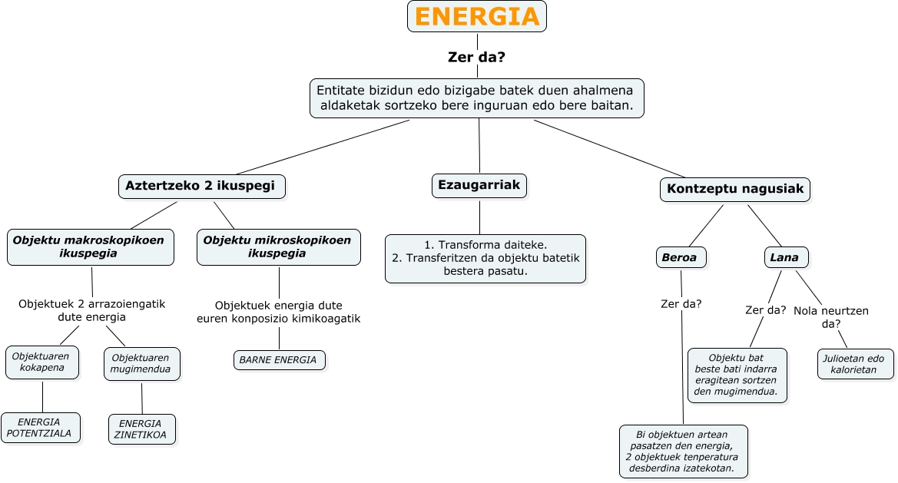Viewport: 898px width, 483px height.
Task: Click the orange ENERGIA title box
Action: (476, 16)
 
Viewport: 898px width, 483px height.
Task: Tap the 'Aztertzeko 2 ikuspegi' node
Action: (200, 186)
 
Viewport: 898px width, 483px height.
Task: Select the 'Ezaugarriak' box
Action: (479, 185)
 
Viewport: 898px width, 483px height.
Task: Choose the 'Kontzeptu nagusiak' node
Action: (735, 190)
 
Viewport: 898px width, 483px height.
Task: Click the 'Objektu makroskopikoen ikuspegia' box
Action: (90, 246)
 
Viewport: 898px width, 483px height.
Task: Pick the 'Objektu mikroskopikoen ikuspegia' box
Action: (278, 246)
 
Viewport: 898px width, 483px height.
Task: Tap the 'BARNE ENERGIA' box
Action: (279, 360)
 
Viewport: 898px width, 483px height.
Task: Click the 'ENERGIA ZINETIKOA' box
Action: (142, 429)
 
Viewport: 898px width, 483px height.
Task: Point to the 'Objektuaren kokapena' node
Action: (42, 362)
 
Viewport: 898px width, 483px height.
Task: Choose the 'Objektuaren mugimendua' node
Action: (142, 364)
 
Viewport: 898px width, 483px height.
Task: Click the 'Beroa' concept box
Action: (681, 257)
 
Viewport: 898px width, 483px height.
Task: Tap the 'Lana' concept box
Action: (785, 257)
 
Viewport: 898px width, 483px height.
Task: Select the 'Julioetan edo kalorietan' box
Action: (856, 364)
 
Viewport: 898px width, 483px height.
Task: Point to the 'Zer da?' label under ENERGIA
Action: (476, 57)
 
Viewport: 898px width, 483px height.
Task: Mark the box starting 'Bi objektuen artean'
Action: (683, 451)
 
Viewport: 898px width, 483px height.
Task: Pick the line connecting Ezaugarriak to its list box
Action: (480, 217)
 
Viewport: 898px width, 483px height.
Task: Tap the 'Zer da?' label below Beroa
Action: (681, 303)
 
